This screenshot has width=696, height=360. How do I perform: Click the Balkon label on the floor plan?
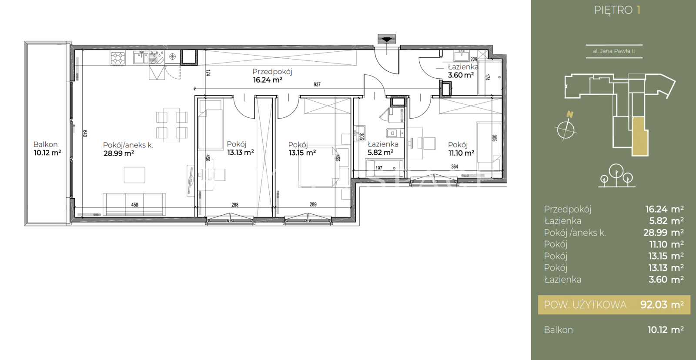45,144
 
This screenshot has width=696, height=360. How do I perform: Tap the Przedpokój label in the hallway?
272,72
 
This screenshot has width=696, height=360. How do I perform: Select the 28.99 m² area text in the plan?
119,153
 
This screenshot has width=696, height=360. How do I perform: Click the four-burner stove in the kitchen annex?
118,58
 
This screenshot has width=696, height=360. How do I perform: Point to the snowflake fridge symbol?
172,57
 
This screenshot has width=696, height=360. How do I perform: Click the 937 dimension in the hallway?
317,84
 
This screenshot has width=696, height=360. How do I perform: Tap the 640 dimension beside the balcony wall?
85,133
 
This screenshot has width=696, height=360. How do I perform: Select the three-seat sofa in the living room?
134,204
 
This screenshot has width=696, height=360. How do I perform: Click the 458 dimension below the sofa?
134,205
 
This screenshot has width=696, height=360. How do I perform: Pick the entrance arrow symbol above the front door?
387,39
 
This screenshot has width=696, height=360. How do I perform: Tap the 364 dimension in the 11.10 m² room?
455,167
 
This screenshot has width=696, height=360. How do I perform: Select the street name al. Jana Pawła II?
614,51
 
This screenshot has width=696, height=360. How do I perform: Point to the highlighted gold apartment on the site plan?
640,137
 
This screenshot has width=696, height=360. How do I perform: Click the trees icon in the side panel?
616,176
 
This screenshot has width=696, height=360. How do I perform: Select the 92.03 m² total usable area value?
662,305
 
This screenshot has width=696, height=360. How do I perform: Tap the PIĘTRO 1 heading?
617,10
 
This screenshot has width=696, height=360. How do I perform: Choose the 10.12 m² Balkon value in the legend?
666,330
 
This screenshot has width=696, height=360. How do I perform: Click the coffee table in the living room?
134,175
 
